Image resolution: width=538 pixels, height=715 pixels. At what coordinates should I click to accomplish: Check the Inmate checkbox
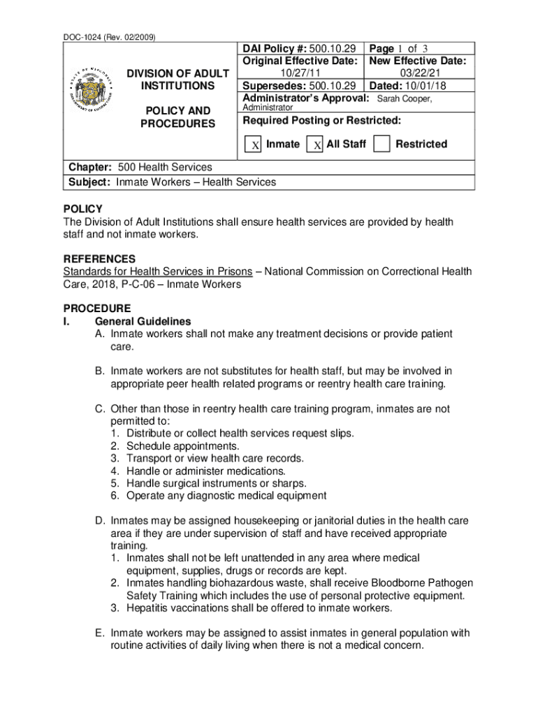point(255,145)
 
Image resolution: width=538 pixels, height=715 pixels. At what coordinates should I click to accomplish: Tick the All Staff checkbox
point(316,145)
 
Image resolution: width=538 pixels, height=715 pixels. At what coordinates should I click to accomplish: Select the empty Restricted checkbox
point(381,144)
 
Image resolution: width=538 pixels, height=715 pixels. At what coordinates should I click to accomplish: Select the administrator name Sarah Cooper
point(404,98)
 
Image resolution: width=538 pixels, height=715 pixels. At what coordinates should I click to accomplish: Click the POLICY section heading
point(82,209)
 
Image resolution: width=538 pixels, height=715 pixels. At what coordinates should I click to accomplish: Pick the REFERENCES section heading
point(99,258)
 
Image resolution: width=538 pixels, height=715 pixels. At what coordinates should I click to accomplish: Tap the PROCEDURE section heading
point(96,308)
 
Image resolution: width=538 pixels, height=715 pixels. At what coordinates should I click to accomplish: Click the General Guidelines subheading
point(143,321)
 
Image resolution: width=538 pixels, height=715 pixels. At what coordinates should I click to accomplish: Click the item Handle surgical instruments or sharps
point(217,483)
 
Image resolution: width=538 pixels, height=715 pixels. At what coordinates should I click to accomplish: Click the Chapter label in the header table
point(89,167)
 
